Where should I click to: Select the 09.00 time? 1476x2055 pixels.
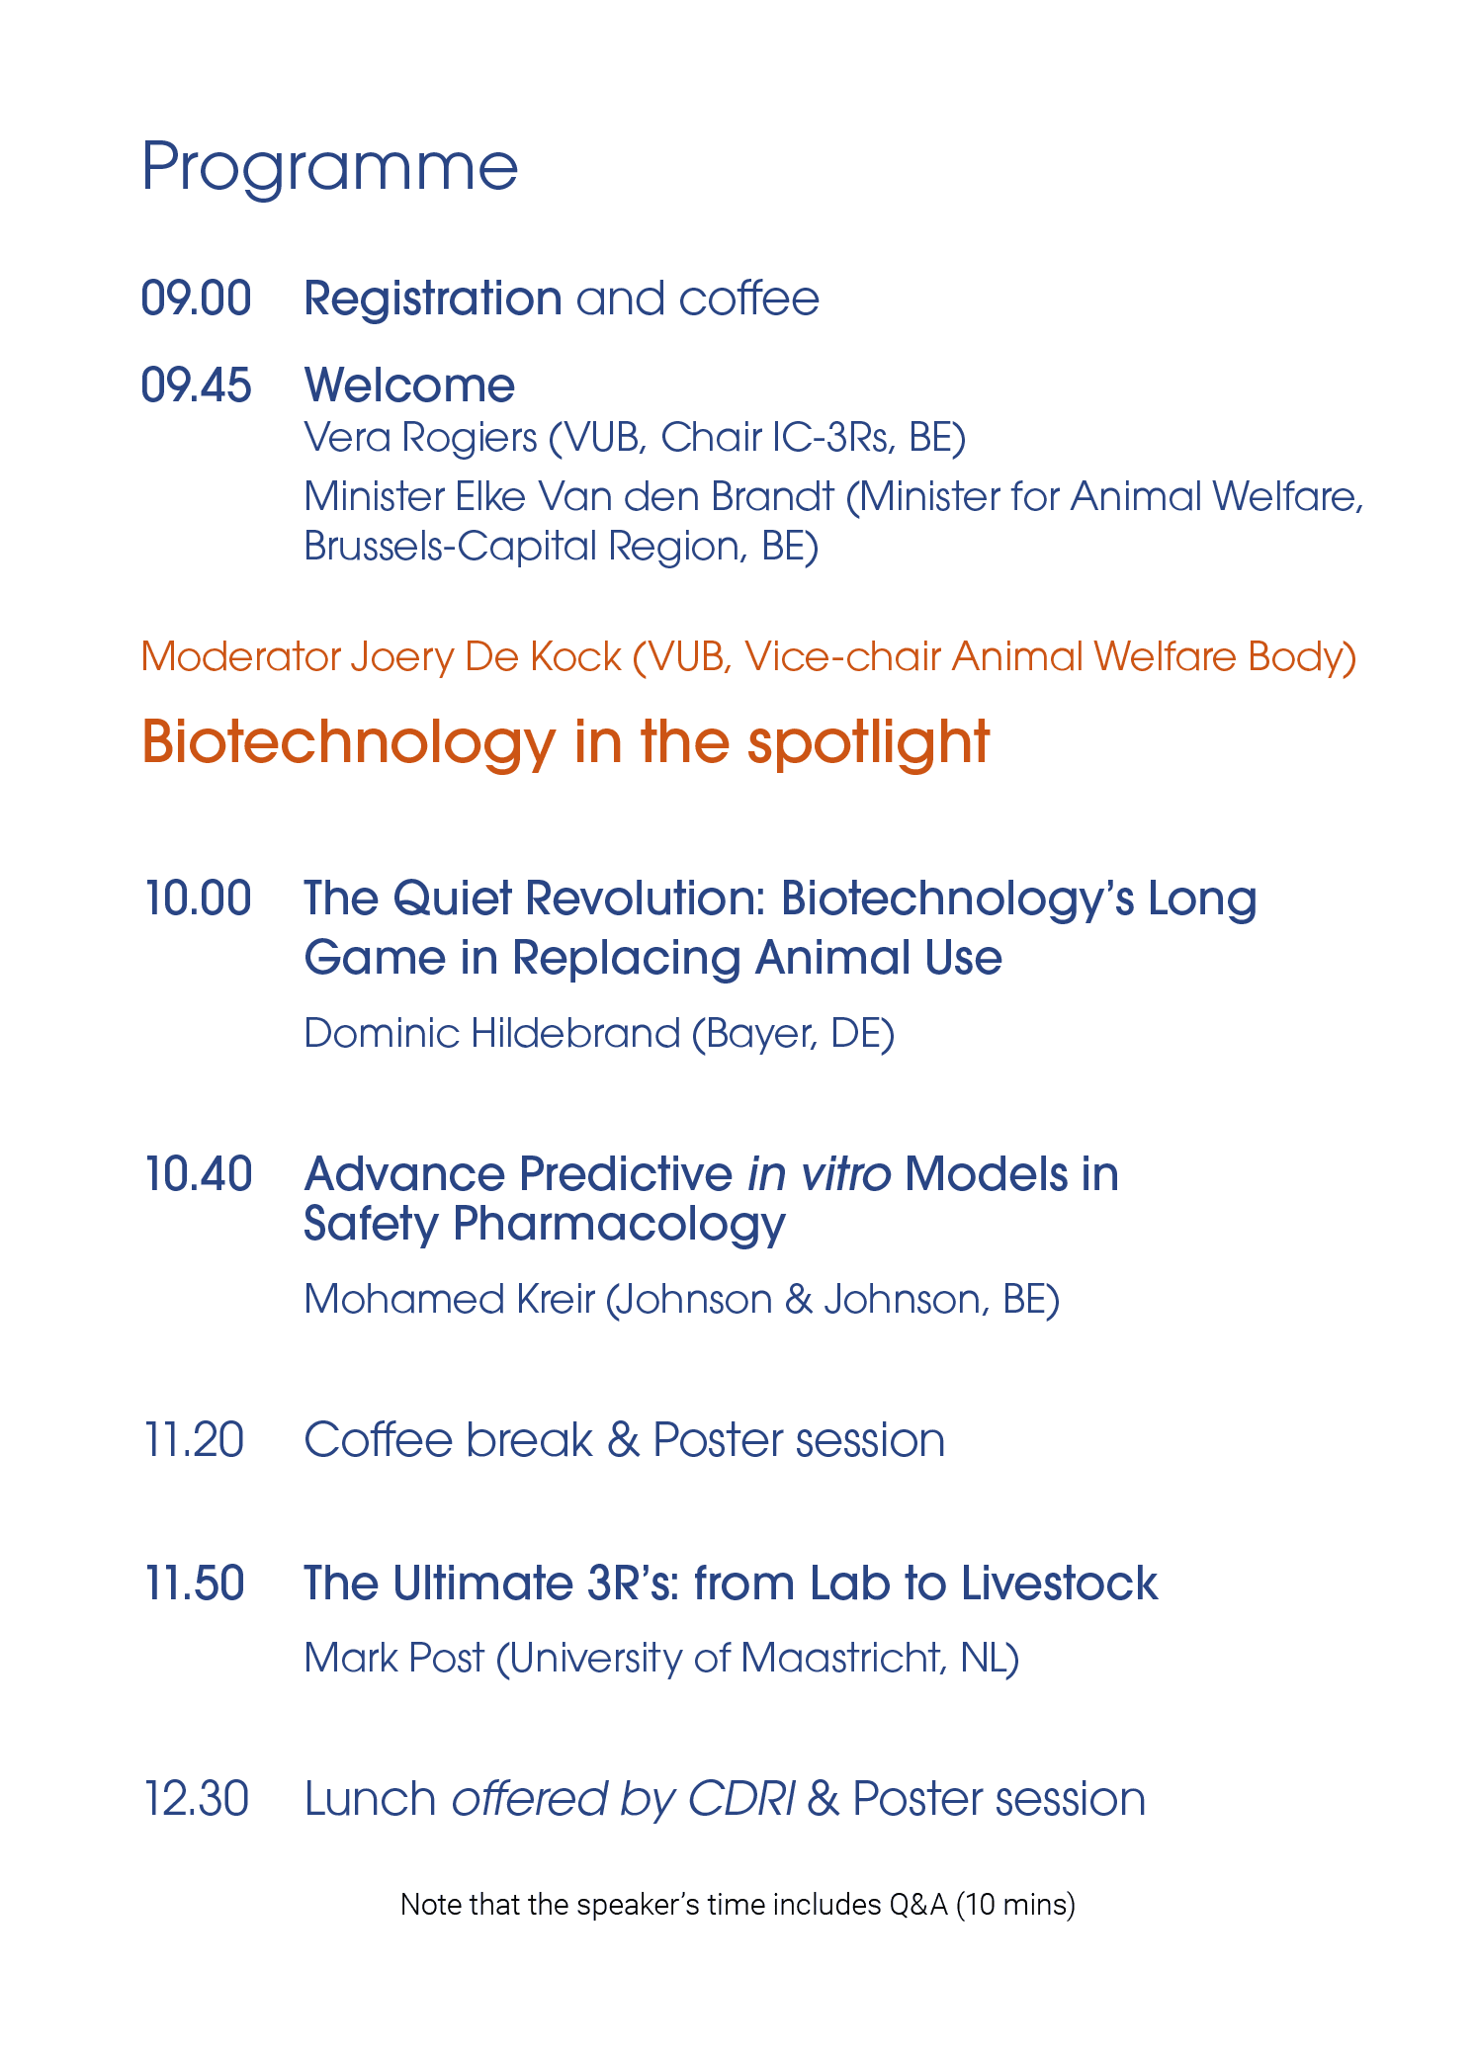[x=197, y=299]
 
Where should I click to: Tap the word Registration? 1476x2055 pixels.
[x=433, y=300]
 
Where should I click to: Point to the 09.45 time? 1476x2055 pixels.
[x=197, y=385]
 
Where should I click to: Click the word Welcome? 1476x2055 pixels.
[x=409, y=385]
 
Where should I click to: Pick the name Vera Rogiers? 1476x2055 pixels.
[x=420, y=438]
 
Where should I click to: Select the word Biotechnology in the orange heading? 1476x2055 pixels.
[x=349, y=743]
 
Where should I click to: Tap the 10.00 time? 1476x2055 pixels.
[x=198, y=899]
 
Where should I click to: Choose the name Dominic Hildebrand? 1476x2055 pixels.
[x=492, y=1034]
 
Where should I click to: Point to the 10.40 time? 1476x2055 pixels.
[x=198, y=1174]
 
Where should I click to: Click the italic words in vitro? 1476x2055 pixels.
[x=820, y=1174]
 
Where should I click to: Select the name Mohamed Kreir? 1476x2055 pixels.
[x=450, y=1300]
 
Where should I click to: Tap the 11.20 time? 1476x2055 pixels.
[x=194, y=1440]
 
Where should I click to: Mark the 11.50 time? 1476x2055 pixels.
[x=194, y=1584]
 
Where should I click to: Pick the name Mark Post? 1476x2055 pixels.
[x=394, y=1659]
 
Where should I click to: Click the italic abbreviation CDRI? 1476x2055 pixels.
[x=741, y=1799]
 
